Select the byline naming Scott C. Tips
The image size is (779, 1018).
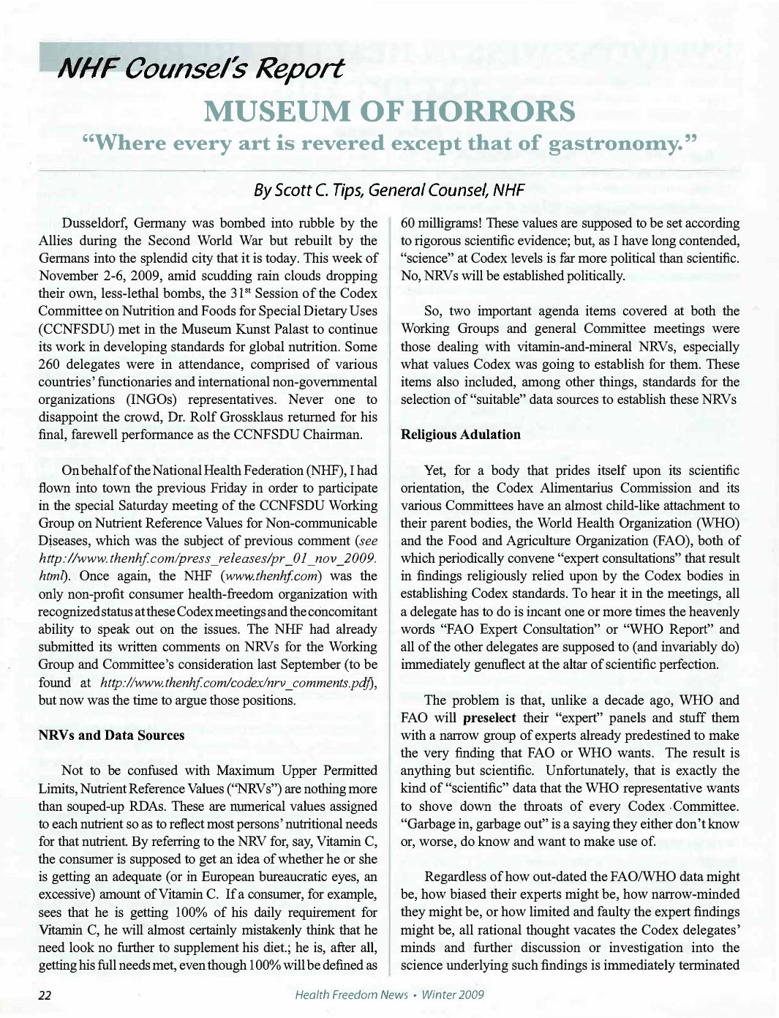point(388,190)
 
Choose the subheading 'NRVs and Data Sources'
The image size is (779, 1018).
point(111,736)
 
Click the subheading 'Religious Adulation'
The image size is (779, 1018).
point(460,435)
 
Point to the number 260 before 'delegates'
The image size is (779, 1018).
point(50,364)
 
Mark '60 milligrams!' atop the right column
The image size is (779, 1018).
point(442,223)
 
